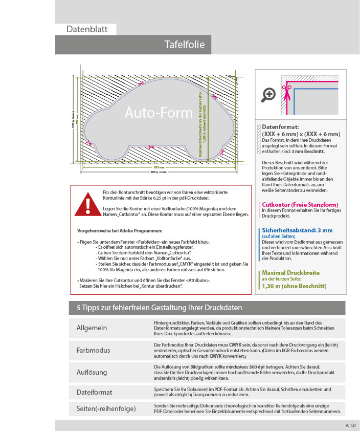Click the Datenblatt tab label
87,29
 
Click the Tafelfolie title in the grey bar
185,45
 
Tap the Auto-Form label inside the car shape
151,113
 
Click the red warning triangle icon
88,204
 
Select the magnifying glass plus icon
268,94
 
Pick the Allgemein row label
92,328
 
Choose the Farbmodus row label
94,351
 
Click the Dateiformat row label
95,392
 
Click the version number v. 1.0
350,425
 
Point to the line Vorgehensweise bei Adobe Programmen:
117,231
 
